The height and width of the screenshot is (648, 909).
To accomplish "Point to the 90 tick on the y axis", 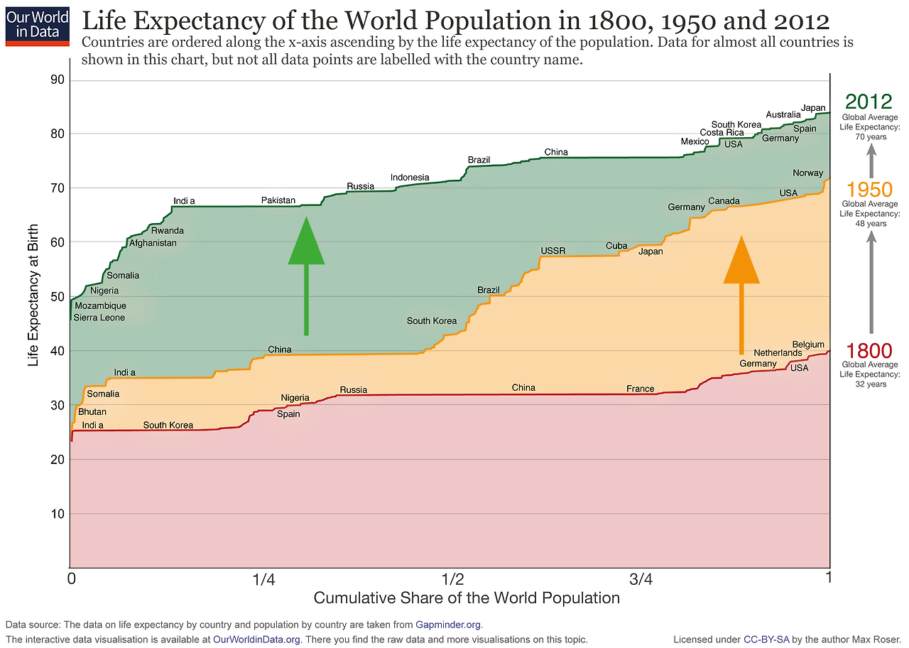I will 58,80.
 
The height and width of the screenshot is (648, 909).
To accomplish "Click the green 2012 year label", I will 869,101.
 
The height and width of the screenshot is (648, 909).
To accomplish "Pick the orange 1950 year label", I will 869,190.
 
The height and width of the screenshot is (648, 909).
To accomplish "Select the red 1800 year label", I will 869,351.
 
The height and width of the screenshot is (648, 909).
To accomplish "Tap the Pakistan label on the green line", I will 278,200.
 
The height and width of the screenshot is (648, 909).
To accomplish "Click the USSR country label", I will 553,251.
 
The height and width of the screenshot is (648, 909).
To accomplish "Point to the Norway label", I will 807,173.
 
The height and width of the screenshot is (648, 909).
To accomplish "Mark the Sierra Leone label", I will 99,318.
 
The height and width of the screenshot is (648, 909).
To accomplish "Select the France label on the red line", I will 640,389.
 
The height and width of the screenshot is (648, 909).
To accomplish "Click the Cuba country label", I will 616,246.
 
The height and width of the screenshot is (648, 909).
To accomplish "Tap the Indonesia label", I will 410,178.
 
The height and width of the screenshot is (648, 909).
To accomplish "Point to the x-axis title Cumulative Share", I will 467,598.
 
